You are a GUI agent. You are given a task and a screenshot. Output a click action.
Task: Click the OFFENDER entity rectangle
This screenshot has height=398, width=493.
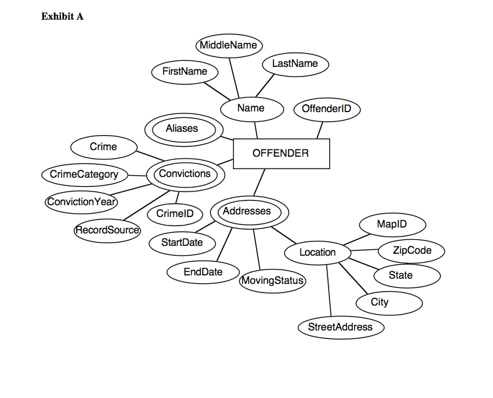point(282,153)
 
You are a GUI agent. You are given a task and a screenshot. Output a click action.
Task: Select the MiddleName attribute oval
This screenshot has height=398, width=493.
point(229,46)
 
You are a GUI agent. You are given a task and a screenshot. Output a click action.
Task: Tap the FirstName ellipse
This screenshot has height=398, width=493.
point(185,72)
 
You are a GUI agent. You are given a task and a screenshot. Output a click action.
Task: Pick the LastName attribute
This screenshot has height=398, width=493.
point(295,64)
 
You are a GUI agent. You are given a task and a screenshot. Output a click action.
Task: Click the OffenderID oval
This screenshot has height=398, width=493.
point(327,109)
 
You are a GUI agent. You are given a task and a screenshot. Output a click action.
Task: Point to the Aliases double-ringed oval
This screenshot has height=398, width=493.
point(184,130)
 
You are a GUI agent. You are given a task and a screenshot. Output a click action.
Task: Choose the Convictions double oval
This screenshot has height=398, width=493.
point(185,175)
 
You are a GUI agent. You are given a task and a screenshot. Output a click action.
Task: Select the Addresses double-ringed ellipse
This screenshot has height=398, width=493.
point(249,212)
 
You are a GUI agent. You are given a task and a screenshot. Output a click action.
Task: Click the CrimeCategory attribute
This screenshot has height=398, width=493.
point(84,175)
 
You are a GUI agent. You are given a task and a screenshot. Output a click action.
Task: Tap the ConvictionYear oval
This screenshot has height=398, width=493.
point(81,202)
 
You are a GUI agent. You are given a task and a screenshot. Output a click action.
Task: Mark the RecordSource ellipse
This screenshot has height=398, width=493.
point(107,231)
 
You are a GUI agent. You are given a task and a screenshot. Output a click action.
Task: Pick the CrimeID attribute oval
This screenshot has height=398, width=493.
point(175,214)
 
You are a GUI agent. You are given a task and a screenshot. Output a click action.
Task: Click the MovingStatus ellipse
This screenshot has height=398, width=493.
point(272,281)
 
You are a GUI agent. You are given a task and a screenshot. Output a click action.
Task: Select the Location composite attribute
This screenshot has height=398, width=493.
point(318,253)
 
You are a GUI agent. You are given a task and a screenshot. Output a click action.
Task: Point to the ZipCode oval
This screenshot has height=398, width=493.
point(411,251)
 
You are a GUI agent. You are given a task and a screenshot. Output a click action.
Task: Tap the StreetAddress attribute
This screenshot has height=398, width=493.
point(341,327)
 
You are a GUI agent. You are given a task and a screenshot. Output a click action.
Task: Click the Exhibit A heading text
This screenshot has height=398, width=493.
point(62,16)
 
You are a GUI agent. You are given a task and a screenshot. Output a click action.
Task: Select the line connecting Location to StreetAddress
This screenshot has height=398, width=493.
point(329,290)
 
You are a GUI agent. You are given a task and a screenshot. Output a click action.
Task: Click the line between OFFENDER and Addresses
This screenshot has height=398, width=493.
point(259,183)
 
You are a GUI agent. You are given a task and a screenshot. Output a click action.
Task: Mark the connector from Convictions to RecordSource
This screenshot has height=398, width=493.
point(147,205)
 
